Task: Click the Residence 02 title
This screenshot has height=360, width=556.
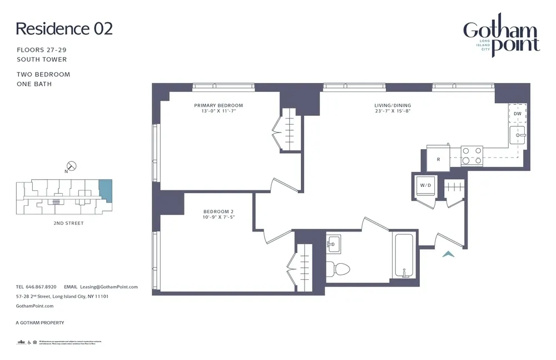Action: coord(64,29)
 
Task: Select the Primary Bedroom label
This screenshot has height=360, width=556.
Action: coord(218,105)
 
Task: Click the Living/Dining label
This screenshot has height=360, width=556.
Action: coord(392,105)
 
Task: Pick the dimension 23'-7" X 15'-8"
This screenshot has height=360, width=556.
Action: coord(392,111)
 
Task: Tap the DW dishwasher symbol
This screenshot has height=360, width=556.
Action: coord(517,114)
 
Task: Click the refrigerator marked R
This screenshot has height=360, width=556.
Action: coord(438,159)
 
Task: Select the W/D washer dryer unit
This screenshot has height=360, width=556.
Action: coord(425,185)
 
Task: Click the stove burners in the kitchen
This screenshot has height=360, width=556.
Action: coord(471,155)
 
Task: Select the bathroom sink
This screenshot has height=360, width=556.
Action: coord(334,243)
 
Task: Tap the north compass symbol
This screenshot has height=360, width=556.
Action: coord(71,166)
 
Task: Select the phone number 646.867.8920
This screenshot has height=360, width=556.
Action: coord(39,287)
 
